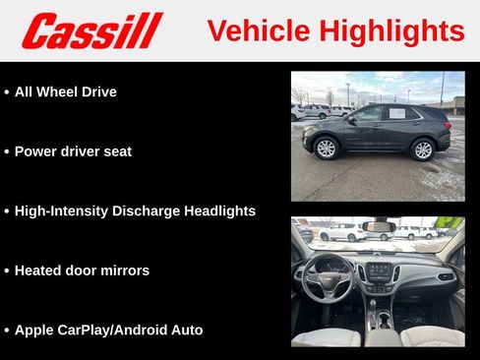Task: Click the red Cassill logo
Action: click(x=91, y=30)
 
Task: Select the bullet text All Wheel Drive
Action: click(x=65, y=91)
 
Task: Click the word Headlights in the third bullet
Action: click(x=218, y=210)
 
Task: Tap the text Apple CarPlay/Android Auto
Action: click(x=108, y=330)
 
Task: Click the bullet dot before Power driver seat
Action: click(x=7, y=152)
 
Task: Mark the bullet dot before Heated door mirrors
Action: click(x=7, y=270)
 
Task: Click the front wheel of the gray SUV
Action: click(x=326, y=149)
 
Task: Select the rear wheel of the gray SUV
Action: click(x=423, y=150)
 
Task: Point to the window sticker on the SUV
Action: click(x=397, y=113)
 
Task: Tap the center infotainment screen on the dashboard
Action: click(x=378, y=270)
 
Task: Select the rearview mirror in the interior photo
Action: click(x=379, y=227)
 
